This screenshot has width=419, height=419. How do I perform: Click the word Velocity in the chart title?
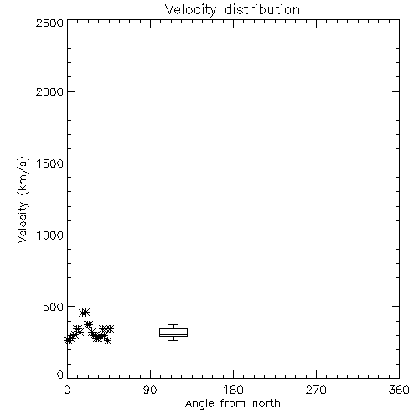[x=190, y=10]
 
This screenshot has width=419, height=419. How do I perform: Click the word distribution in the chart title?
[x=262, y=9]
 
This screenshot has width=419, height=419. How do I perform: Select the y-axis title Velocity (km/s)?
[x=23, y=199]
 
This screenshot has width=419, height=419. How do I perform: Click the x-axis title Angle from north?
[x=232, y=404]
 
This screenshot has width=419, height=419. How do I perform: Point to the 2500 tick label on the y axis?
[x=49, y=23]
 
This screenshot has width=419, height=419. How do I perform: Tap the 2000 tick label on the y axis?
[x=49, y=91]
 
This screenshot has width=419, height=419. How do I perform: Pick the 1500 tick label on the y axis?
[x=50, y=163]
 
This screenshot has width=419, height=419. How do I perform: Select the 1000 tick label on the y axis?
[x=50, y=235]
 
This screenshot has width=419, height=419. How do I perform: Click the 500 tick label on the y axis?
[x=54, y=307]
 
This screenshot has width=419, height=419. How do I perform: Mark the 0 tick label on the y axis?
[x=60, y=375]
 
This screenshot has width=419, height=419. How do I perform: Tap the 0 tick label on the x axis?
[x=67, y=390]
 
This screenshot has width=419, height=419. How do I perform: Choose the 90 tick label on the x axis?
[x=150, y=390]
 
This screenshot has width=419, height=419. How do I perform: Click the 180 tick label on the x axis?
[x=233, y=390]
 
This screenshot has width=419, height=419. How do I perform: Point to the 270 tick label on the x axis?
[x=316, y=390]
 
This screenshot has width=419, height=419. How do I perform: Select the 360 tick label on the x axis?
[x=399, y=390]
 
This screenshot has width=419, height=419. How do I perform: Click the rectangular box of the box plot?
[x=173, y=329]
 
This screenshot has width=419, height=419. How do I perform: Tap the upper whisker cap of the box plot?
[x=173, y=325]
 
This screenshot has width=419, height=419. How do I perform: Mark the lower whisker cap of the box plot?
[x=173, y=340]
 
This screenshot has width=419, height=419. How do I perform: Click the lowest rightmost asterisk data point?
[x=107, y=340]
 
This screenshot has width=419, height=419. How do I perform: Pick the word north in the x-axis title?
[x=266, y=404]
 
